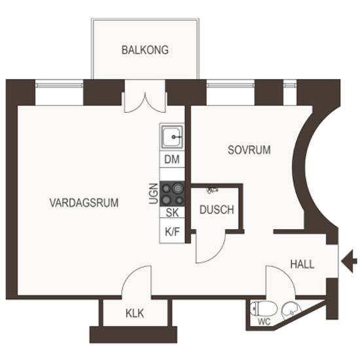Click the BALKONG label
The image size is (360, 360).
(145, 50)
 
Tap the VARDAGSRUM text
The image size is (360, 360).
(84, 203)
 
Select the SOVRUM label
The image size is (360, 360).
(249, 150)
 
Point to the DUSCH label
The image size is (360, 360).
(217, 209)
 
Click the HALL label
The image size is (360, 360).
(302, 264)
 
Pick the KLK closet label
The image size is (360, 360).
(135, 314)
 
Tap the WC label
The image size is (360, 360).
(264, 322)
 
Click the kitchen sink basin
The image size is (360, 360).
(172, 137)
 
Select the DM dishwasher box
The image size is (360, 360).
(172, 159)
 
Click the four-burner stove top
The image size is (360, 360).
(172, 194)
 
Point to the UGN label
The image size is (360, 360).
(154, 194)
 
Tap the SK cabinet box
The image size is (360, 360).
(172, 212)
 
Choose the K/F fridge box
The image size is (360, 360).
(172, 231)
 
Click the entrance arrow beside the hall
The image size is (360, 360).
(349, 262)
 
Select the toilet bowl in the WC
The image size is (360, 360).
(263, 308)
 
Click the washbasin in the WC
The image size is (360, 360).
(291, 310)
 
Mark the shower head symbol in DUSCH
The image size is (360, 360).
(212, 190)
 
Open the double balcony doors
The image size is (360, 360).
(145, 102)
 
